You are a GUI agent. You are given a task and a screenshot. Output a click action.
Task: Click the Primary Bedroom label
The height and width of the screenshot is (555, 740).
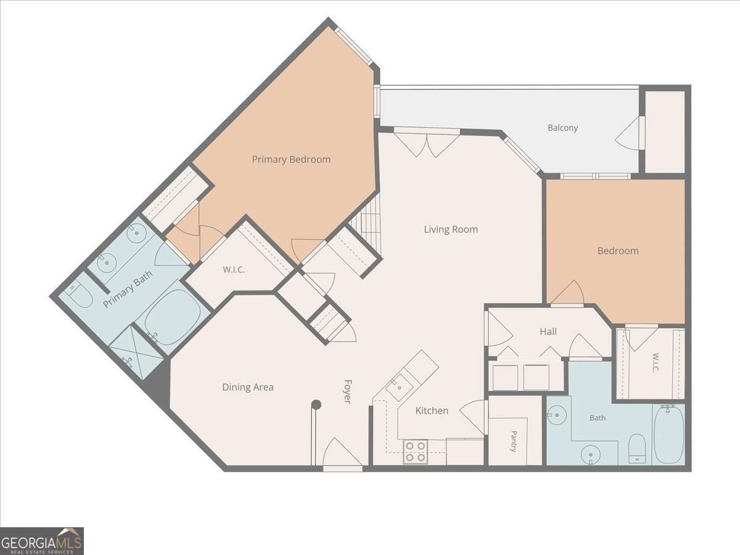pos(291,159)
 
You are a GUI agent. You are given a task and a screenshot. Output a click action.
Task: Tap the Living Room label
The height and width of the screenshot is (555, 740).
pos(451,229)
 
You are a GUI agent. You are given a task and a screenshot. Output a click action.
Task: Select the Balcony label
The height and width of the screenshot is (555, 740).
pos(562,128)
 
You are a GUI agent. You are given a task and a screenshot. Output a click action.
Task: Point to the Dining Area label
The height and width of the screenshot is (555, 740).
pos(248,387)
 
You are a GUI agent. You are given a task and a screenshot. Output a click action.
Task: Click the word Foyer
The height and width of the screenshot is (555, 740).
pos(348,391)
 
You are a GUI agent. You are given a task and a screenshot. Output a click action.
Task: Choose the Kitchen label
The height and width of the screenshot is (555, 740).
pos(432,411)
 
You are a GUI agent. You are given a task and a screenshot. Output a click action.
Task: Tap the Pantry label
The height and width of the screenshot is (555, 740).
pos(514,441)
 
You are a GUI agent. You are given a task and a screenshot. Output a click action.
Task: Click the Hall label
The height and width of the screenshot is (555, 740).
pos(548,332)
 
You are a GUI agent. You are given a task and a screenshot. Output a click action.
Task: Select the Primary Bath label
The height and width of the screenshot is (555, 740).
pos(128,289)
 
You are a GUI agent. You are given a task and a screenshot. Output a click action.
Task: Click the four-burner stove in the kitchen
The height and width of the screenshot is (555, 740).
pos(416,451)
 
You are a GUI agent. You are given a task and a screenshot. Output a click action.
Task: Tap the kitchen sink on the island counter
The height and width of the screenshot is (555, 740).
pos(400,387)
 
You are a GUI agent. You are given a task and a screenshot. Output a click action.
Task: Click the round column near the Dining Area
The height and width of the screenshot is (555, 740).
pos(316,405)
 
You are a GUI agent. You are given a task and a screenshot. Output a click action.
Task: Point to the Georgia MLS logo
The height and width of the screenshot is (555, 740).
pos(42,541)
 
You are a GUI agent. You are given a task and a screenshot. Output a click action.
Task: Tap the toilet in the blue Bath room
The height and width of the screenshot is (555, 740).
pos(637,449)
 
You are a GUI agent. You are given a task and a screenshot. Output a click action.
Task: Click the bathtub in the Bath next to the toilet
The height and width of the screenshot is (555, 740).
pos(668,435)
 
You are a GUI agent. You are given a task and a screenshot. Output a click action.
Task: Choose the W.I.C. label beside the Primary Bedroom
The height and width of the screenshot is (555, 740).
pos(234,269)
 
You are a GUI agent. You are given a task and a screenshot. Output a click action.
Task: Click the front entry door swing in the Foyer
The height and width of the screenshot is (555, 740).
pos(342,452)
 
